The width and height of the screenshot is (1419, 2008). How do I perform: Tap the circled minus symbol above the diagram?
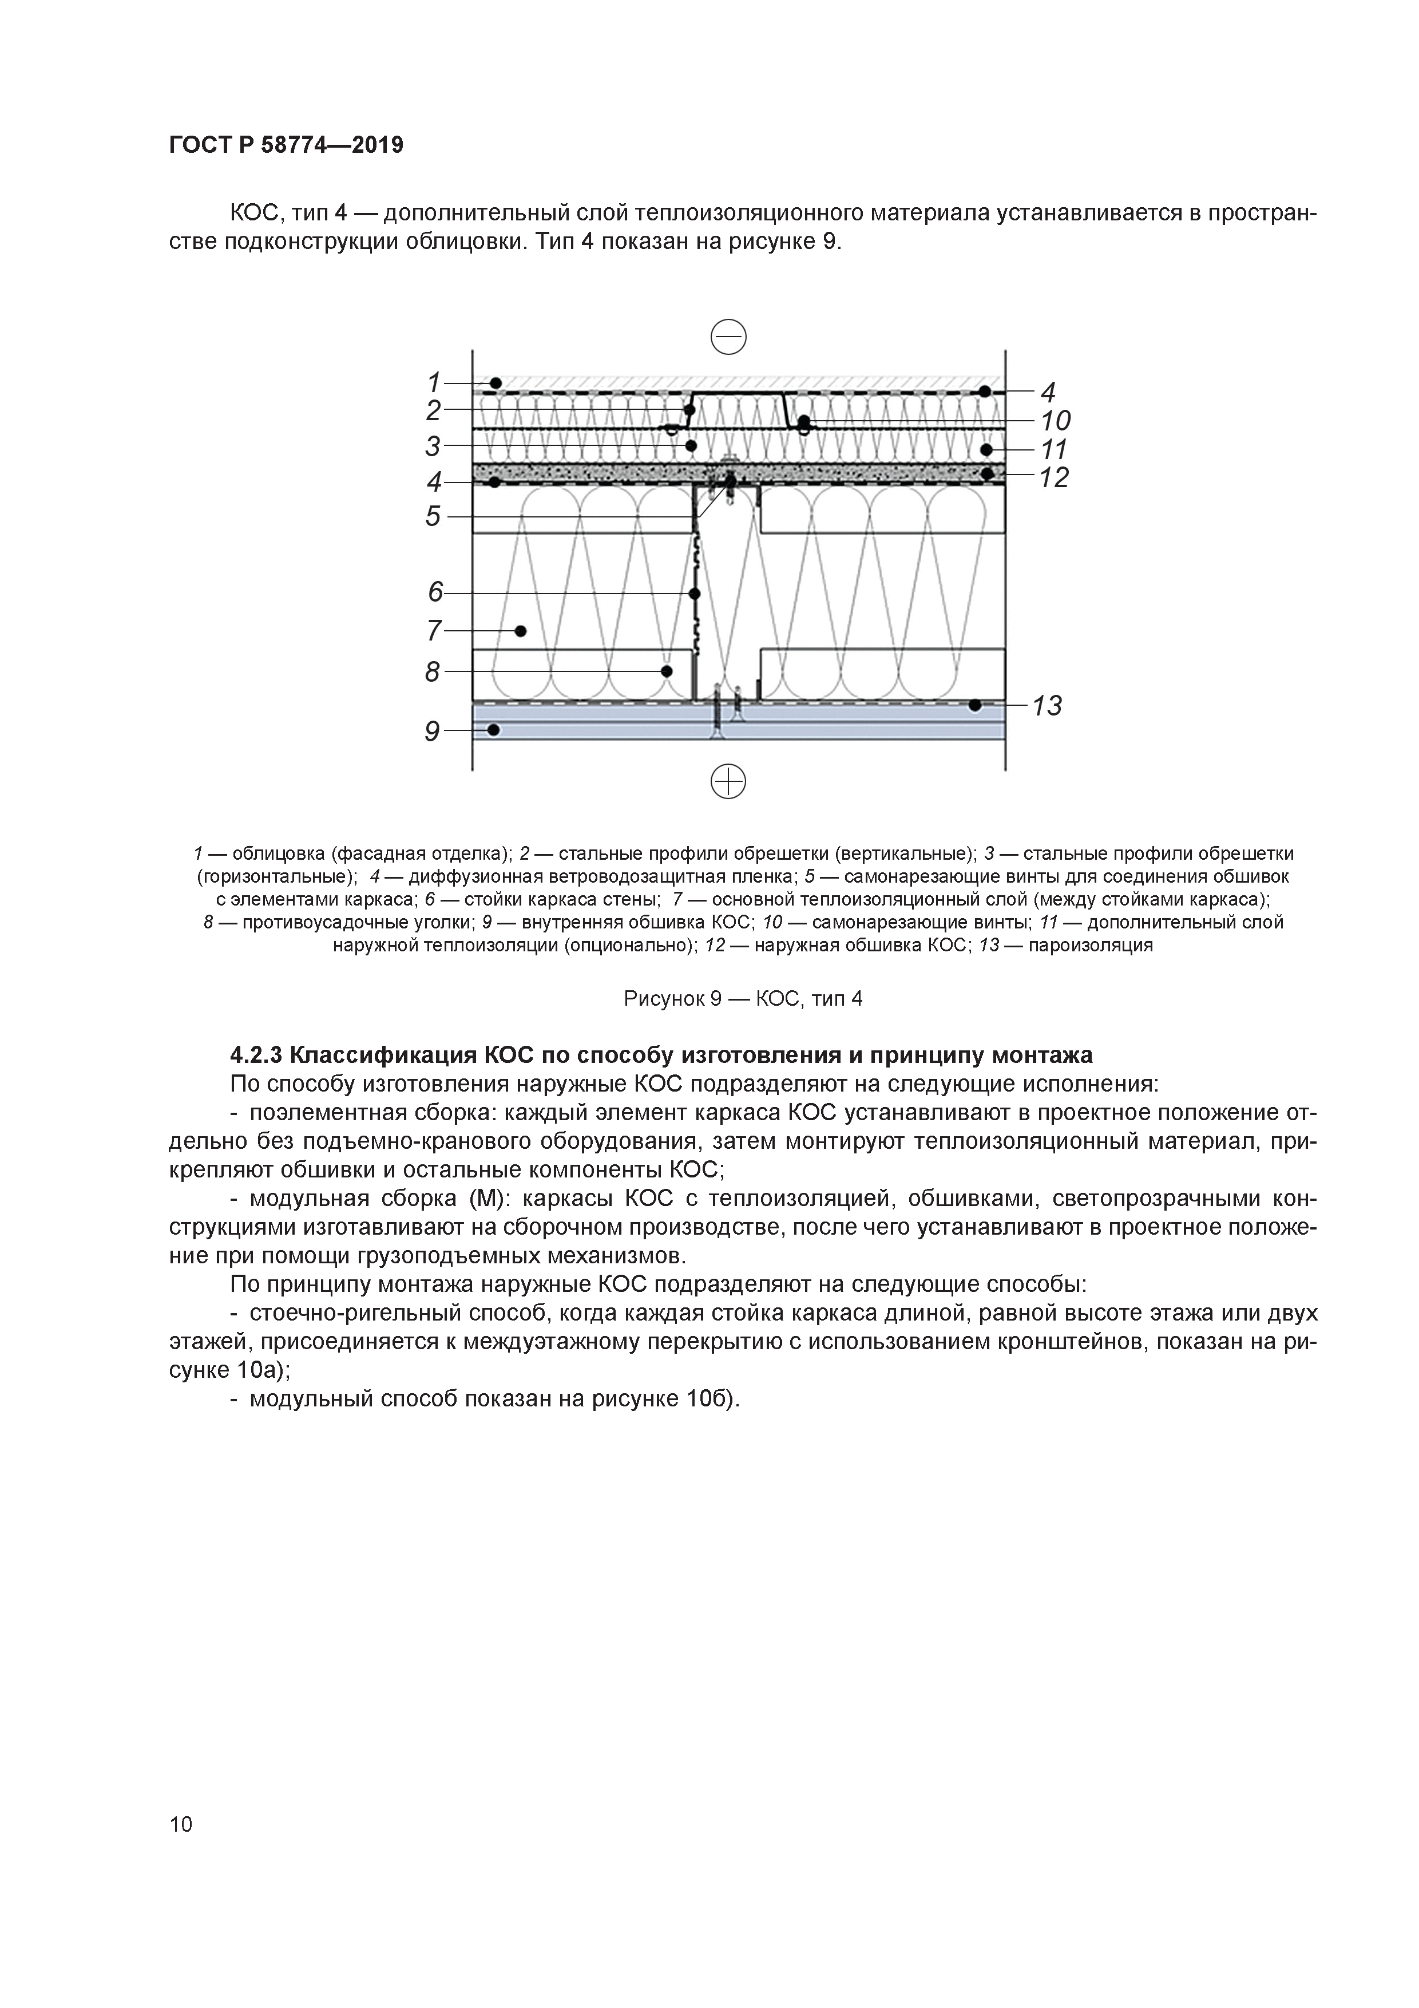point(728,337)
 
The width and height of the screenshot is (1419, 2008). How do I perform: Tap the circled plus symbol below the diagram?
point(728,781)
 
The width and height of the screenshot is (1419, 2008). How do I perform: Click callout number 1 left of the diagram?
point(433,382)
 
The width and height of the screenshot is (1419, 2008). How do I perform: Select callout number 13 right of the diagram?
point(1046,705)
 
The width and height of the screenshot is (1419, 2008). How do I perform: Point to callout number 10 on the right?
point(1055,421)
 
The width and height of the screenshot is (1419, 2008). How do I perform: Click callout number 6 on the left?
point(434,592)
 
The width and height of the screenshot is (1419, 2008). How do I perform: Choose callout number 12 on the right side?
point(1053,477)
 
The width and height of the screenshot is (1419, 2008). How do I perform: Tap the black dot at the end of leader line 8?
point(666,671)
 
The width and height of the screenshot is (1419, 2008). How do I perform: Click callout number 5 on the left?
point(433,516)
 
